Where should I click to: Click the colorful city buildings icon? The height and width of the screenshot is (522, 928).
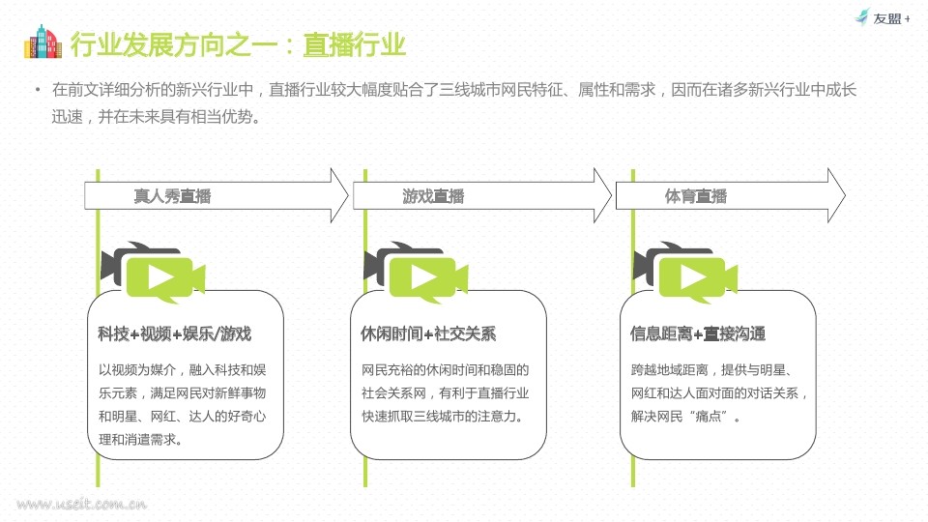coord(43,42)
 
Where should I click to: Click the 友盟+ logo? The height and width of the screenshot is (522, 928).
coord(883,17)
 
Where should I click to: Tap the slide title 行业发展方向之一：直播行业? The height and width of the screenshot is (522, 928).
coord(238,45)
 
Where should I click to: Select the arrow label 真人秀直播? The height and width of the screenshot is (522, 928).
coord(172,196)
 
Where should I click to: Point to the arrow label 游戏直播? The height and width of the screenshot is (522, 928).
coord(433,196)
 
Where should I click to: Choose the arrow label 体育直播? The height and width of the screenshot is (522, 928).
coord(695,196)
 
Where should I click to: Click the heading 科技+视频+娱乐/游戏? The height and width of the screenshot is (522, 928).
coord(175,333)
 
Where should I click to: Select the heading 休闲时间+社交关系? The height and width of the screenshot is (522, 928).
coord(428,333)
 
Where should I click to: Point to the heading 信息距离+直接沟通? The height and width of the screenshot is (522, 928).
coord(698,333)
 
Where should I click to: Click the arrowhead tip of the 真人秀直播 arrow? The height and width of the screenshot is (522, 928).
coord(348,195)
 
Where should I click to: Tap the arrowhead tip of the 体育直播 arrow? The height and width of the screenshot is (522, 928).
coord(846,195)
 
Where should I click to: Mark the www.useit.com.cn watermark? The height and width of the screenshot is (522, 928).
coord(81,505)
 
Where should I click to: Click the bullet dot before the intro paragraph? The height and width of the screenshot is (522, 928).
coord(38,90)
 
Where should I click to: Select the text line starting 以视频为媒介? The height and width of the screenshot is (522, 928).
coord(183,370)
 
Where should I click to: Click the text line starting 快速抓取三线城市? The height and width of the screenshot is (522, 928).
coord(443,417)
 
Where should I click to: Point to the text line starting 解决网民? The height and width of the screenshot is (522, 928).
coord(685,417)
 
